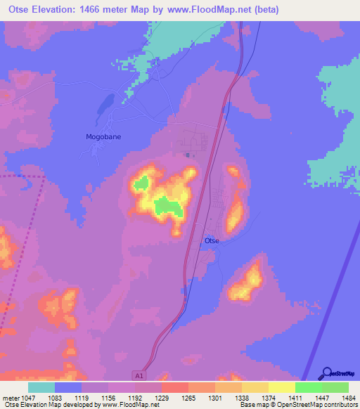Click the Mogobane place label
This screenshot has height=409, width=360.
[x=103, y=137]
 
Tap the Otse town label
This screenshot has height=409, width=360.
[x=212, y=241]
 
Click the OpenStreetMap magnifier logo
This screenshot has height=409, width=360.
[x=326, y=373]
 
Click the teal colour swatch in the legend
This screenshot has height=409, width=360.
[x=41, y=387]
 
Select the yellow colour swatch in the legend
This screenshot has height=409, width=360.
[x=282, y=387]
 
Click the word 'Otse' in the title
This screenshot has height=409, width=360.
[x=21, y=10]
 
